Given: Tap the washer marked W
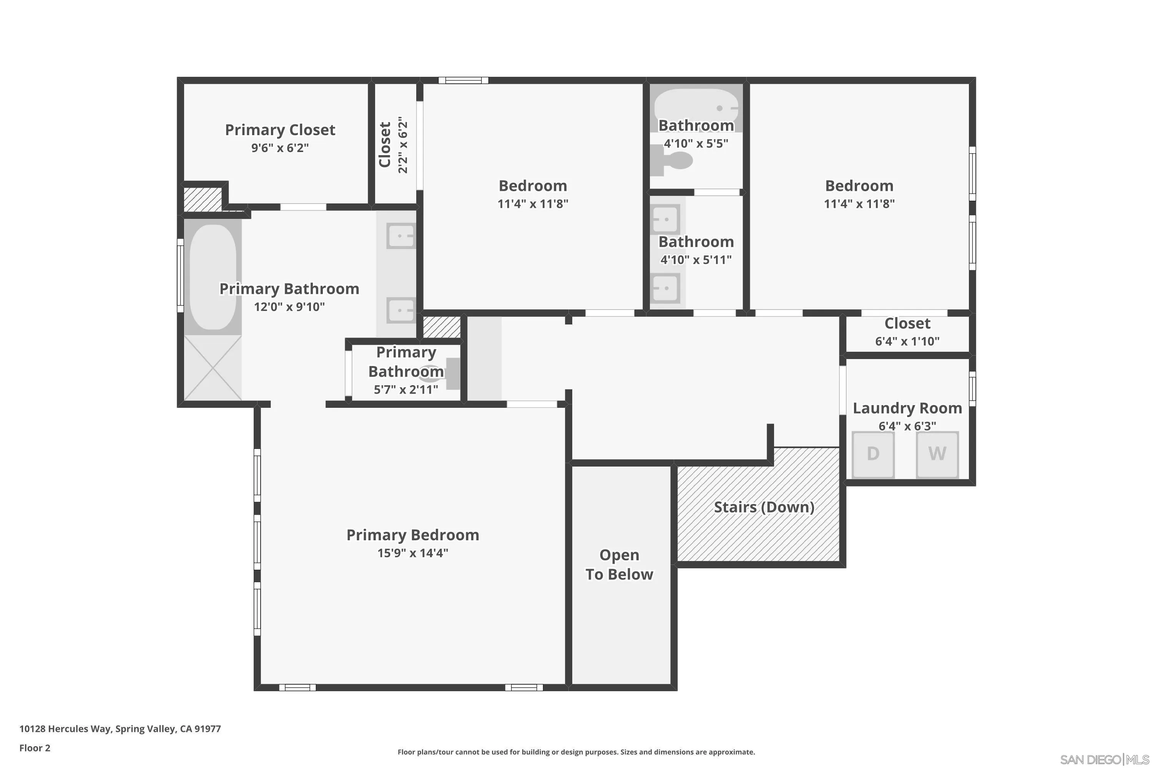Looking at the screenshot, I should click(937, 454).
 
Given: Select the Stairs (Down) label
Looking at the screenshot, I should click(764, 507).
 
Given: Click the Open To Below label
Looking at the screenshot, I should click(619, 564).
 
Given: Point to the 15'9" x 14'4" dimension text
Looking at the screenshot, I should click(412, 553).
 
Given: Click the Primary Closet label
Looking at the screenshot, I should click(280, 130).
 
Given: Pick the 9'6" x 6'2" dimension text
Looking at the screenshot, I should click(280, 148).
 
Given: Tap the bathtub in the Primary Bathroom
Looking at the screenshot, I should click(213, 277).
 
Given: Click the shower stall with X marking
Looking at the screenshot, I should click(213, 367).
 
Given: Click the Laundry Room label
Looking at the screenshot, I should click(907, 408).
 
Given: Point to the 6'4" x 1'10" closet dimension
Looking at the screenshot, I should click(907, 341).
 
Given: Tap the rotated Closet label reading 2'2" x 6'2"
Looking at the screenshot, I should click(392, 144).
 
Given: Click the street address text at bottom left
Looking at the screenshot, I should click(120, 729).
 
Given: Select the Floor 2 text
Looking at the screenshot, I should click(35, 748).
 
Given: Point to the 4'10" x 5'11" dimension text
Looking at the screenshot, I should click(696, 260).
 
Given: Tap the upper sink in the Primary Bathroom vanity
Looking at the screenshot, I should click(400, 236).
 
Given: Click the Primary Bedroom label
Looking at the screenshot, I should click(412, 535).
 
